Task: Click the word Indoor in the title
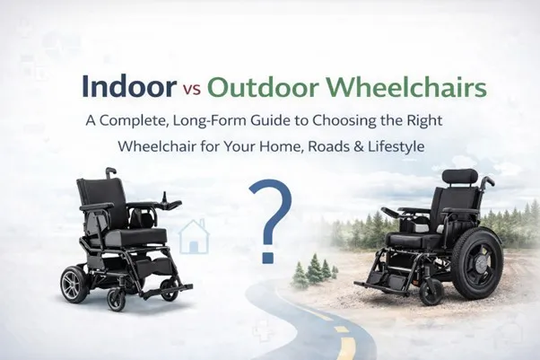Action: [x=128, y=88]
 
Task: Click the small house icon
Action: [x=192, y=237]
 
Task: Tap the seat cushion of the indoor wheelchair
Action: [x=135, y=236]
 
